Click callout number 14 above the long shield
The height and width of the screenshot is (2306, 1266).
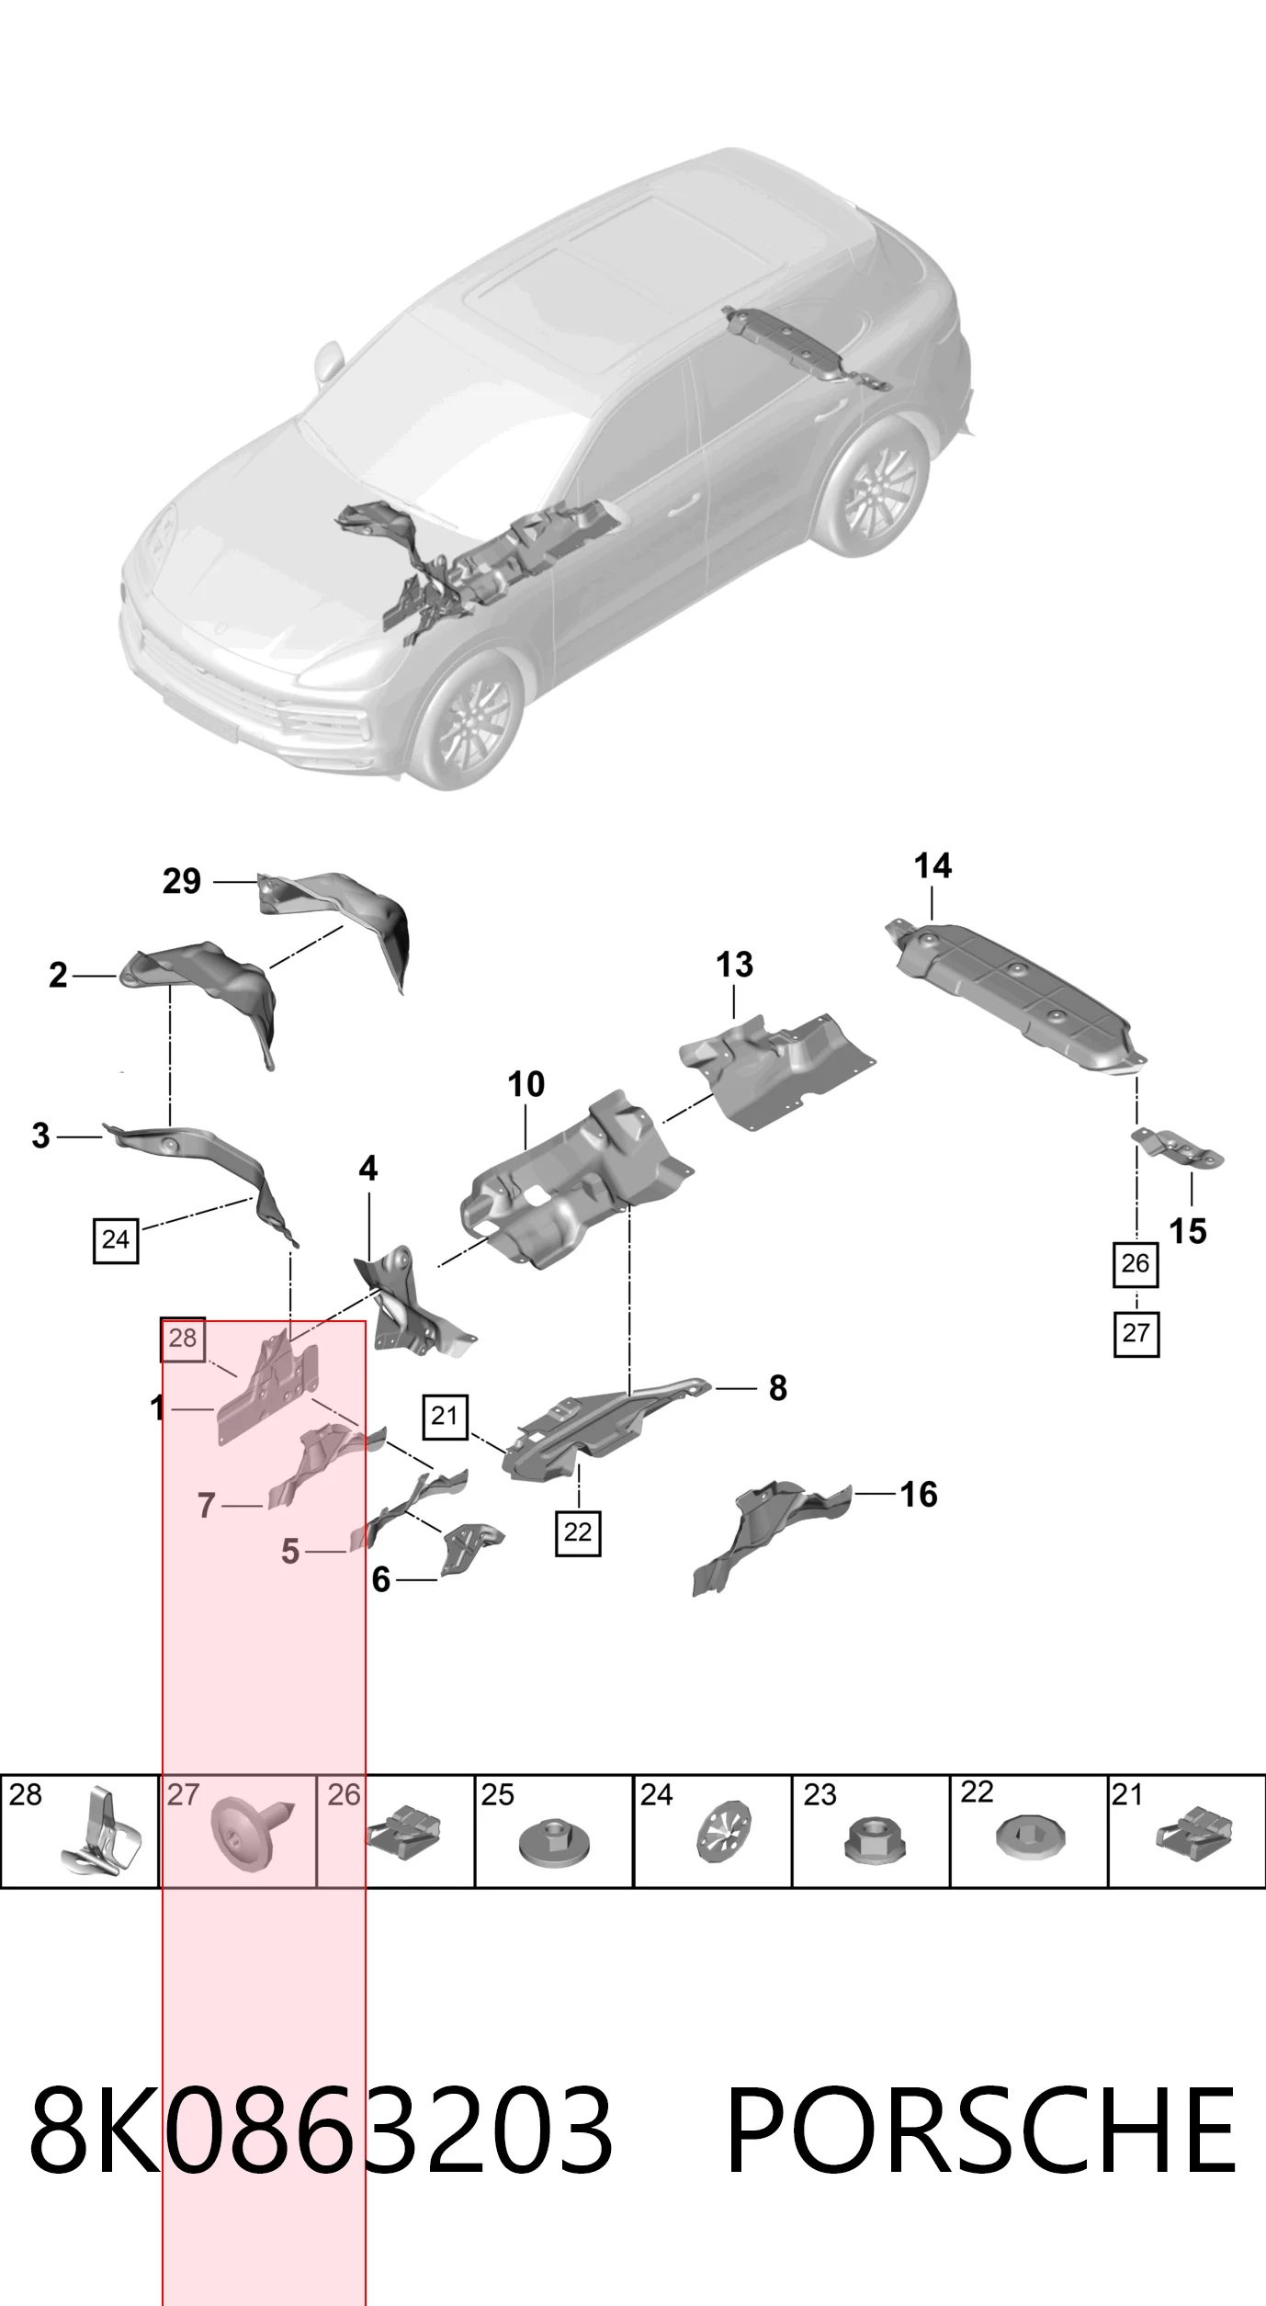[933, 865]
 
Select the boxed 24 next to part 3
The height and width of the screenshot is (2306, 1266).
[116, 1239]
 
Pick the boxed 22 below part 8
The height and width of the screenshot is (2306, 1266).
[578, 1532]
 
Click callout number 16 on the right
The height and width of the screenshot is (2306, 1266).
[919, 1495]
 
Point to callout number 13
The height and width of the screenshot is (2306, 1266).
[734, 965]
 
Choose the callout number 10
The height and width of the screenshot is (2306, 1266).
[526, 1084]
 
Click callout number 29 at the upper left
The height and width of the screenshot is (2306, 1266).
[182, 881]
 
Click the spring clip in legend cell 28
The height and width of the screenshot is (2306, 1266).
[102, 1832]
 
